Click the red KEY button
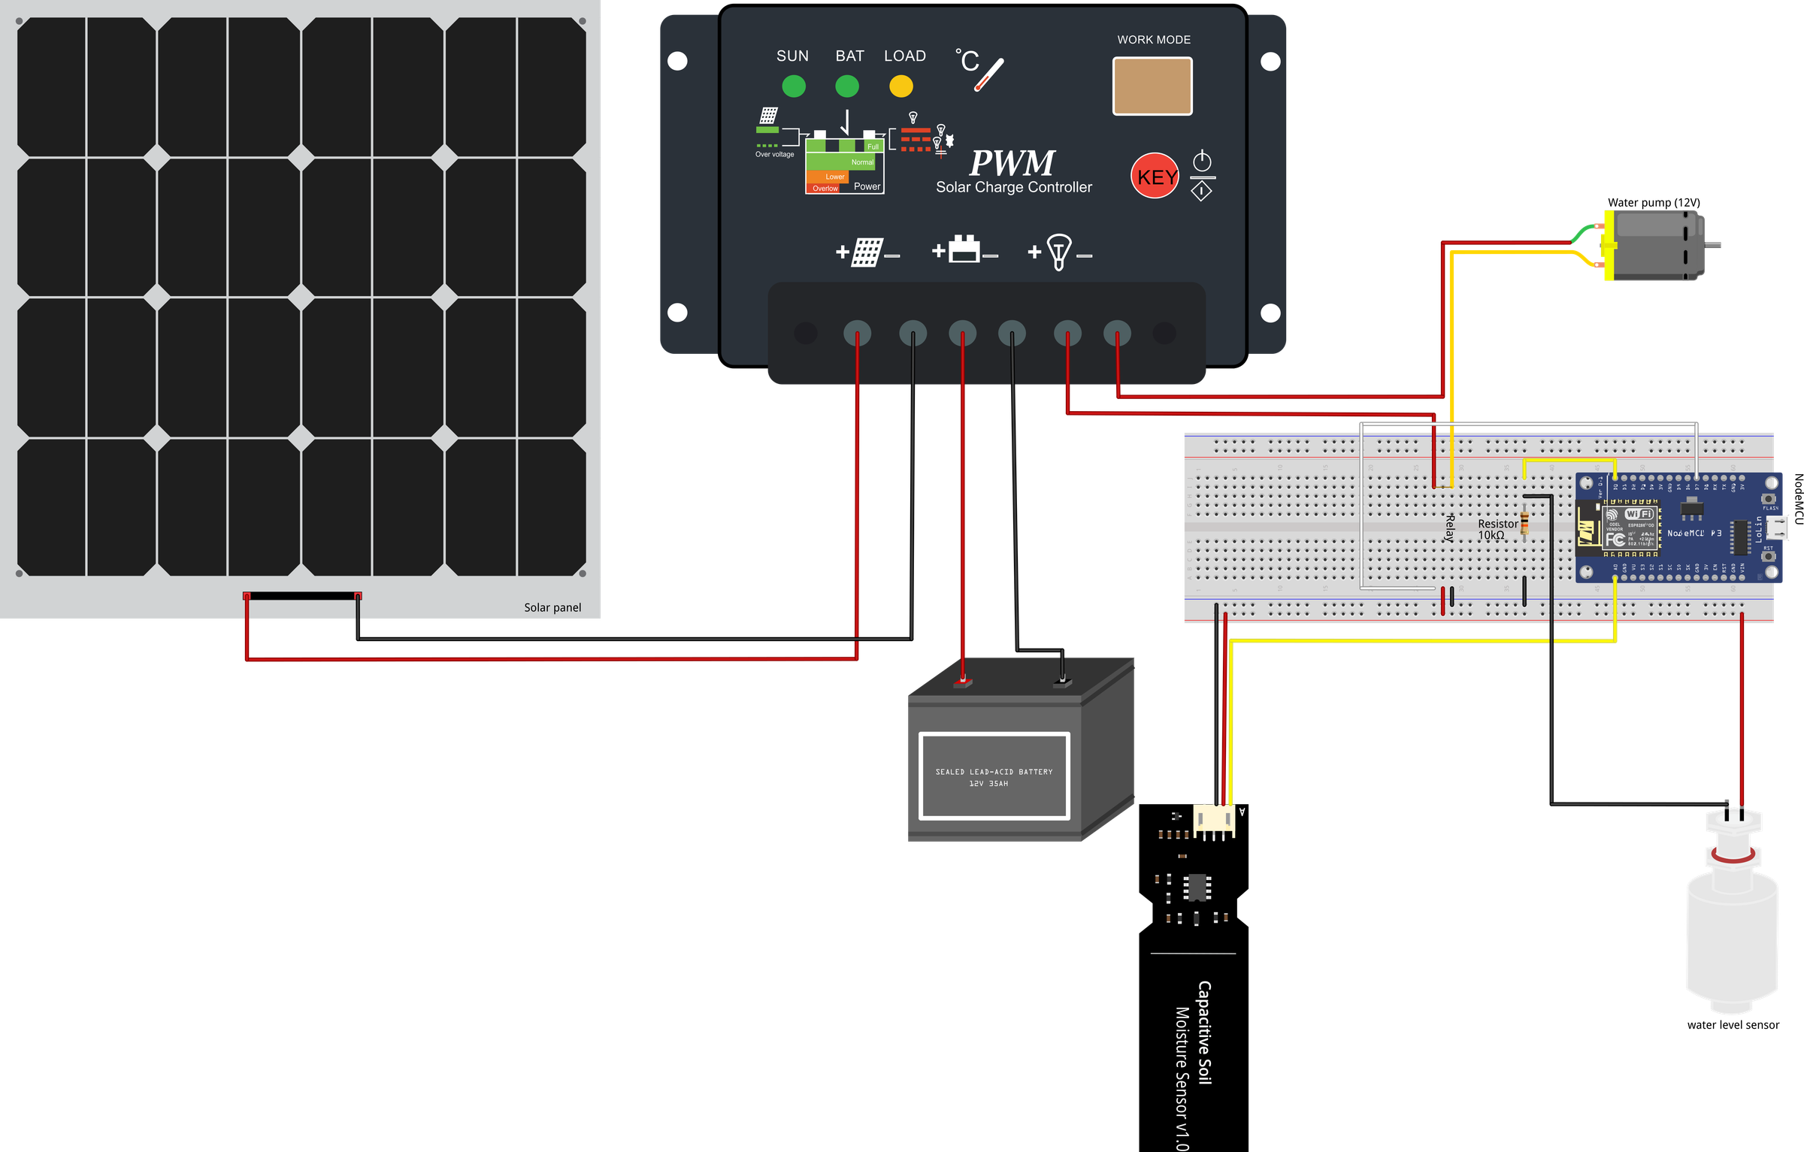(1155, 176)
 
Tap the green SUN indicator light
(794, 86)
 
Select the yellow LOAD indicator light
(900, 86)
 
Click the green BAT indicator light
(847, 86)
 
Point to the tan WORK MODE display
(1152, 86)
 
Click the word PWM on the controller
(1012, 162)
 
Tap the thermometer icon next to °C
(989, 75)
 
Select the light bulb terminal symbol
(1059, 252)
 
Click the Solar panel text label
(552, 607)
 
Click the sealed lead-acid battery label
(994, 776)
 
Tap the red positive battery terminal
(963, 682)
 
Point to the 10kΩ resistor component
(1524, 523)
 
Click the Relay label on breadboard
(1450, 528)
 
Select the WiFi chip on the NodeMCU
(1629, 527)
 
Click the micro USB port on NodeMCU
(1778, 528)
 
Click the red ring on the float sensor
(1733, 855)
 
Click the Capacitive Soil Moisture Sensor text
(1193, 1063)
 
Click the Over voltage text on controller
(774, 154)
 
